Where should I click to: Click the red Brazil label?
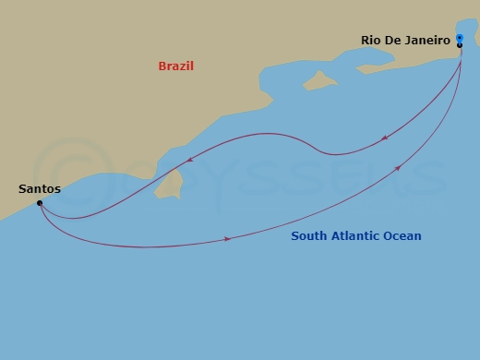[175, 66]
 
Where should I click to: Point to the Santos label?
[40, 188]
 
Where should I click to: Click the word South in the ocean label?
[309, 236]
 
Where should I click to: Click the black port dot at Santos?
[40, 203]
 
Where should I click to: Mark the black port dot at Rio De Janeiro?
[460, 44]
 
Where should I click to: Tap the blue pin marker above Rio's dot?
[460, 38]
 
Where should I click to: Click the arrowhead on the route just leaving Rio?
[383, 138]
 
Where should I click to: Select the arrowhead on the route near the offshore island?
[189, 159]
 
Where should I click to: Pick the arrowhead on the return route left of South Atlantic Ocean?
[227, 239]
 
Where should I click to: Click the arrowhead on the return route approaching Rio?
[399, 166]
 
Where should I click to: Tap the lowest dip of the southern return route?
[138, 247]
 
